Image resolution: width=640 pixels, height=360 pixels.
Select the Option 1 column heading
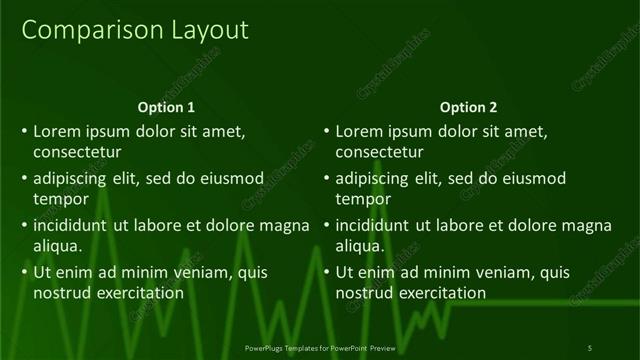click(166, 107)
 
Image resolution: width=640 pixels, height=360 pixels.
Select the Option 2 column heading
click(468, 107)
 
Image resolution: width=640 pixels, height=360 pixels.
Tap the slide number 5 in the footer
click(590, 347)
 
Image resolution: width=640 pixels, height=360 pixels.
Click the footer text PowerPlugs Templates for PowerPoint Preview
click(320, 347)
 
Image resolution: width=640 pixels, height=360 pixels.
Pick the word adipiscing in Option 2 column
click(372, 178)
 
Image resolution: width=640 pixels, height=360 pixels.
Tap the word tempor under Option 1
click(58, 200)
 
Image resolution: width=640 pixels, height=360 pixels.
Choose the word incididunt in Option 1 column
click(70, 225)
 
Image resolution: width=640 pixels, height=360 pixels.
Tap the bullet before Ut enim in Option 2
click(325, 272)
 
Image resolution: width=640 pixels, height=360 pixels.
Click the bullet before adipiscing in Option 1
click(23, 178)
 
